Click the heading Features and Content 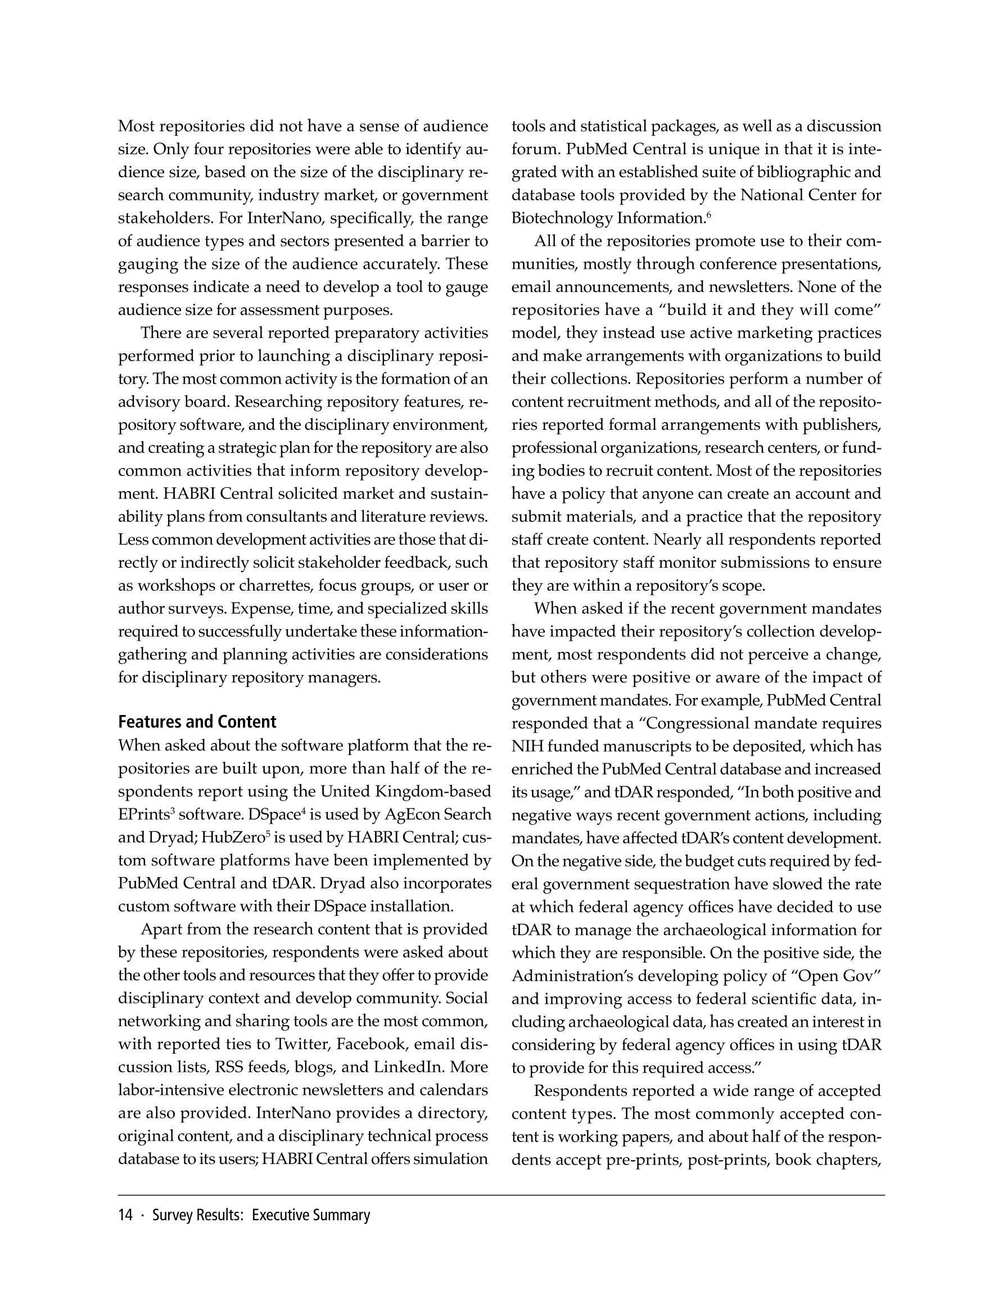(197, 722)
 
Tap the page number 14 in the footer (125, 1215)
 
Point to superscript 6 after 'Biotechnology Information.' (708, 214)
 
